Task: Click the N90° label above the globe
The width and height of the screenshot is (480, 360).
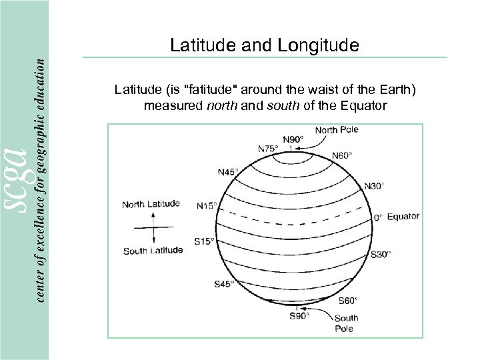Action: click(293, 139)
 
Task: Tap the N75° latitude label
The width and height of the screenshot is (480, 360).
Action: click(269, 148)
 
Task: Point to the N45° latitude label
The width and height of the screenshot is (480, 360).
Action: click(228, 172)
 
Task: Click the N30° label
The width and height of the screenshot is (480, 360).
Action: click(375, 186)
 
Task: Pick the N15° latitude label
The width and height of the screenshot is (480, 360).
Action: click(207, 205)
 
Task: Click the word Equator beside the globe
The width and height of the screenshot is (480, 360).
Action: click(403, 217)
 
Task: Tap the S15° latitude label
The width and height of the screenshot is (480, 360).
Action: click(204, 241)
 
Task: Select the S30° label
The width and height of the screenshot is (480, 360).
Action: click(381, 254)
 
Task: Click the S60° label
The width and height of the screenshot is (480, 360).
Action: click(347, 299)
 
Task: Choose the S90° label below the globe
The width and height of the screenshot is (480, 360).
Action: click(299, 315)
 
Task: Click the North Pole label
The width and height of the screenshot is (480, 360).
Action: click(337, 130)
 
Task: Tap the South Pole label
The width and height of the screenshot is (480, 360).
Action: click(346, 323)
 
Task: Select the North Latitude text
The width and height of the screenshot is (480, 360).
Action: click(151, 205)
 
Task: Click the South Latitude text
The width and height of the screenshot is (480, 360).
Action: click(153, 251)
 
